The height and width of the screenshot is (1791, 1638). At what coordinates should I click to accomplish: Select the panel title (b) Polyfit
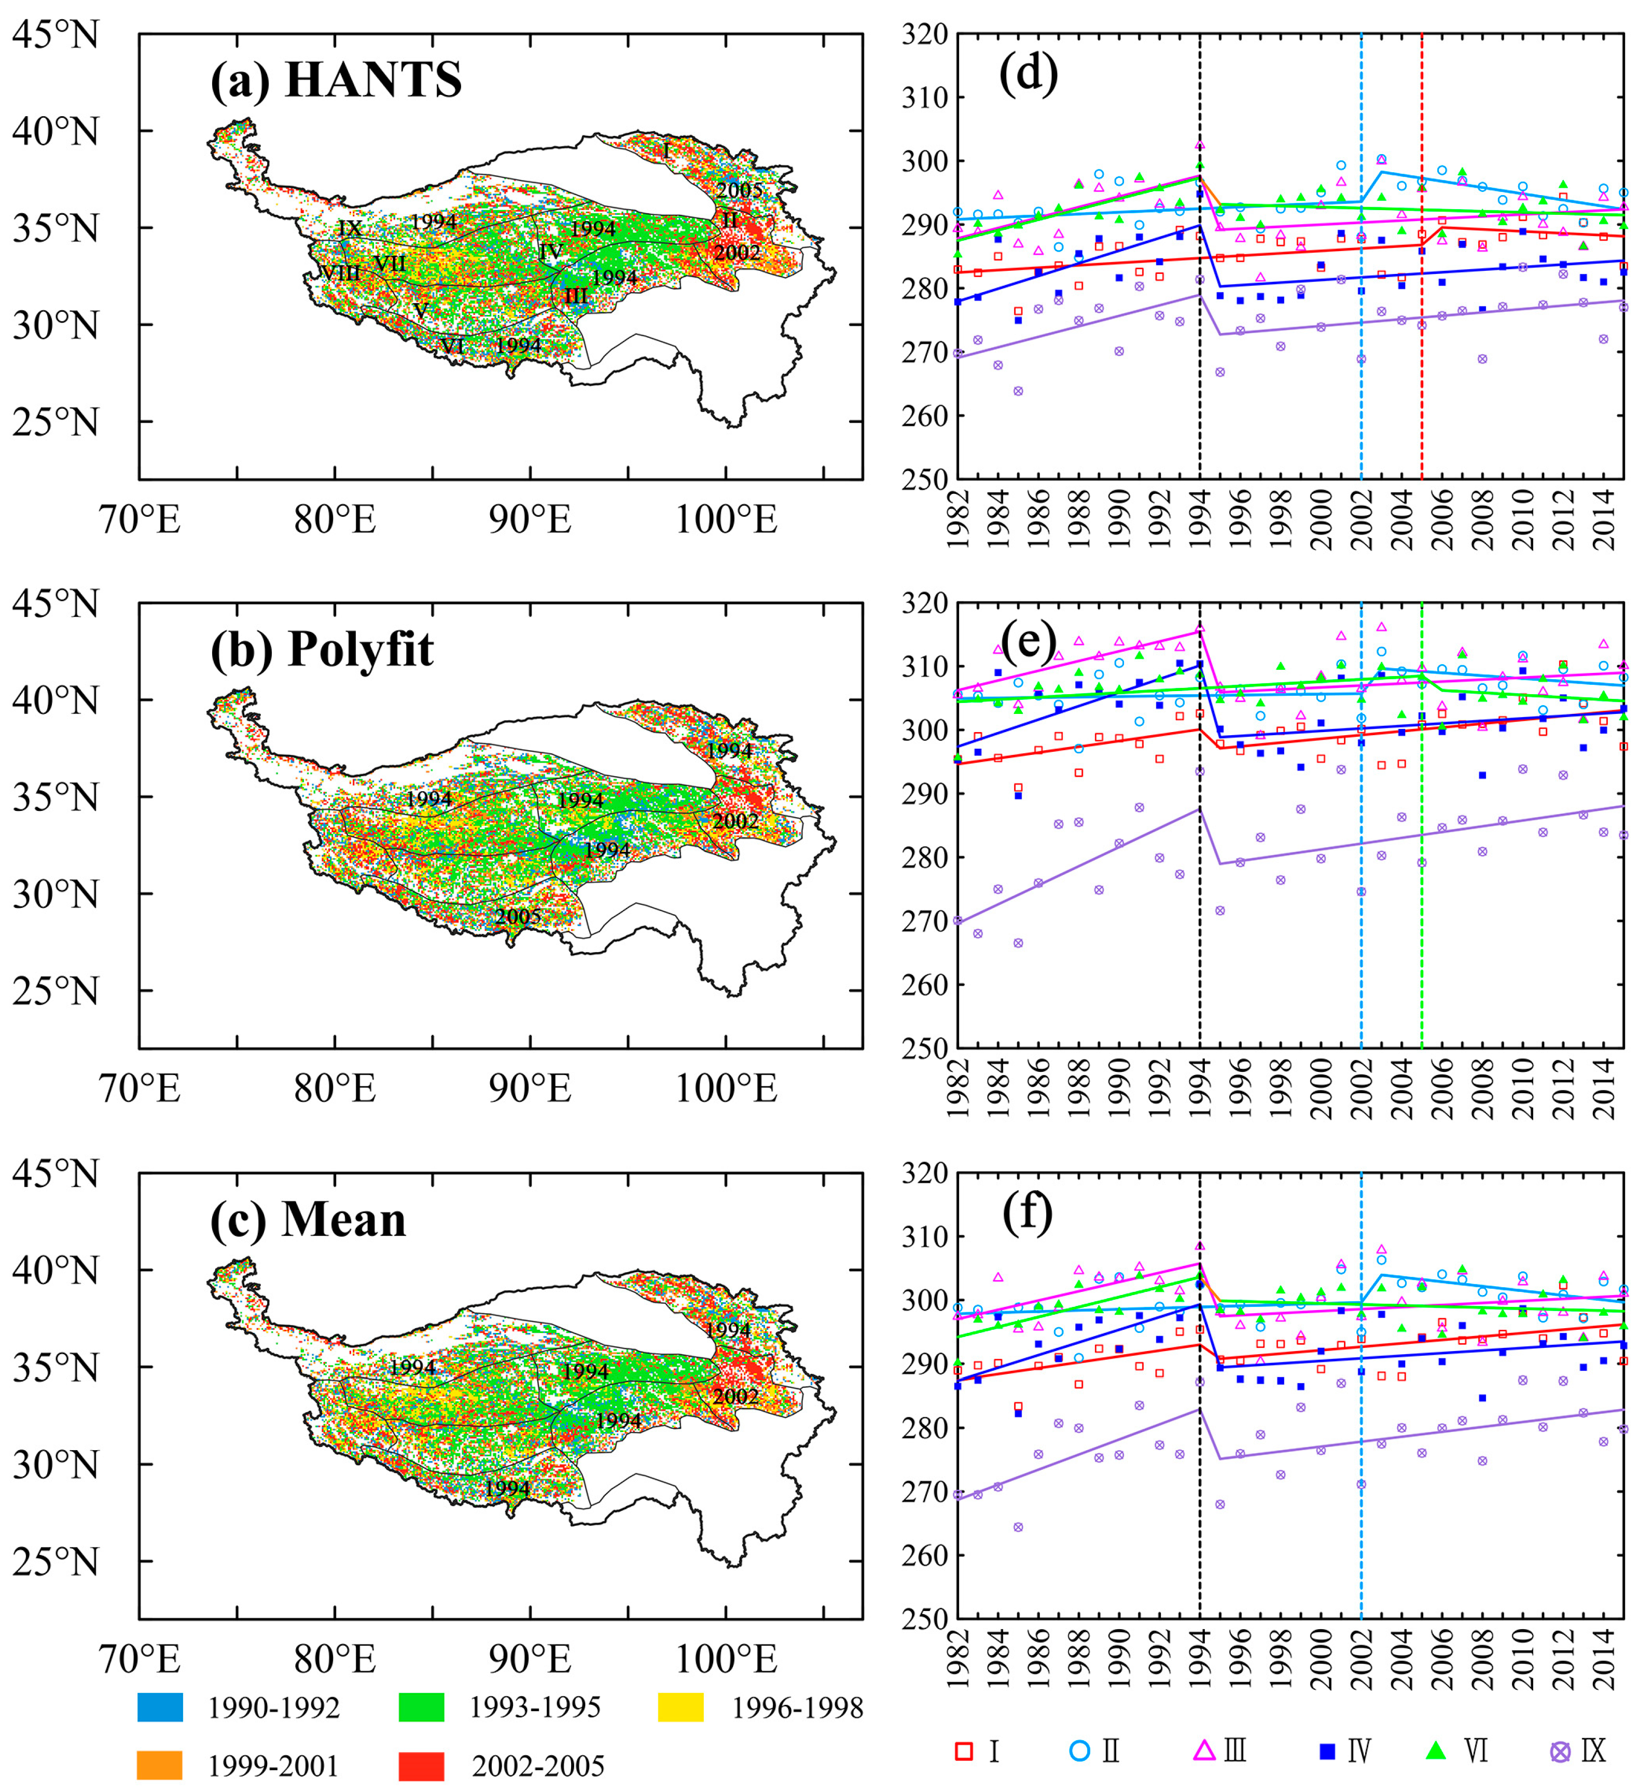point(322,650)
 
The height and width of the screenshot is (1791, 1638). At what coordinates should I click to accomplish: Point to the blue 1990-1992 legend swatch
point(160,1706)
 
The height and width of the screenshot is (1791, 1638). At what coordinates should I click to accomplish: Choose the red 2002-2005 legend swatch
point(421,1765)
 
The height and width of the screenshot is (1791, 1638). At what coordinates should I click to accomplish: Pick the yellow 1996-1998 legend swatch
point(681,1706)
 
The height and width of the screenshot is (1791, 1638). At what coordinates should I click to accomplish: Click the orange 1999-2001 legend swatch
point(160,1765)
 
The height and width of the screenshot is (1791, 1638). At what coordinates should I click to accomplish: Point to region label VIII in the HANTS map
point(340,273)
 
